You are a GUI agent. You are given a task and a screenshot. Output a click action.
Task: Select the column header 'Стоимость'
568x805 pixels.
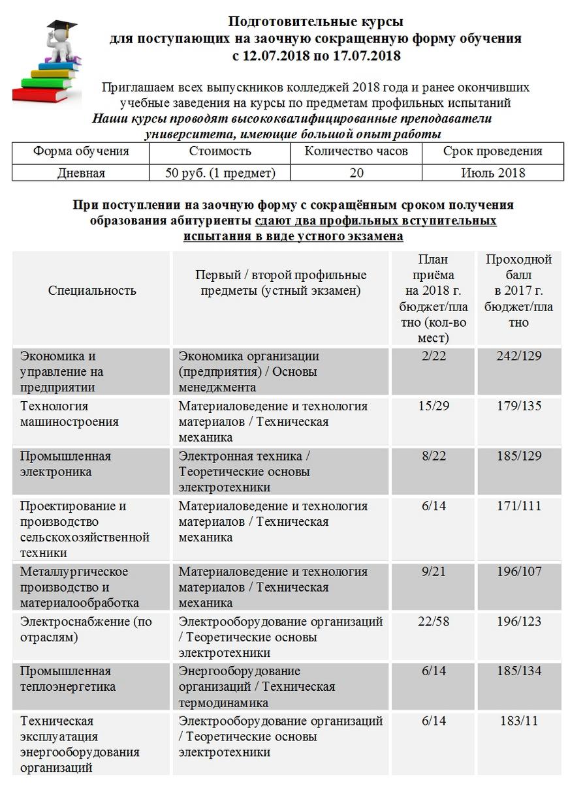click(220, 151)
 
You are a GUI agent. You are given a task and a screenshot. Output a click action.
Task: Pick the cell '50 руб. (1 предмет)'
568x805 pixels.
click(220, 173)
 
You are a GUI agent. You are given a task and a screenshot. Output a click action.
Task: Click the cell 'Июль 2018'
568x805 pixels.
click(492, 173)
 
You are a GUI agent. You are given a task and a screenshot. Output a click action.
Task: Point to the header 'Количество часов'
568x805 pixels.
click(356, 151)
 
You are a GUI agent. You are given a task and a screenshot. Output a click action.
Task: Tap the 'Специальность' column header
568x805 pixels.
click(92, 290)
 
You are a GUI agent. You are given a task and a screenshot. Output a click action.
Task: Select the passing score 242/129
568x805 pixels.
click(519, 356)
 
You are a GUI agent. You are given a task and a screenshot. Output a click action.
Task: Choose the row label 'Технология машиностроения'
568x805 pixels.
click(70, 414)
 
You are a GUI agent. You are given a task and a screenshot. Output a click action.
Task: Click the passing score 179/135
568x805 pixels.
click(519, 406)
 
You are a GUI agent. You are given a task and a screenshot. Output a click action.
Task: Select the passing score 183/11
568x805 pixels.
click(519, 721)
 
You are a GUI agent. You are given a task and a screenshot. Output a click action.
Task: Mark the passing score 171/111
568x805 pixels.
click(519, 506)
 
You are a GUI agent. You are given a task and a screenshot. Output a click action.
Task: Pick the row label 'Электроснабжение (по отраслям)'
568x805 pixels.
click(86, 629)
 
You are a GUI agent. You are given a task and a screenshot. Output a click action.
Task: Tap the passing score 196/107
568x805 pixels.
click(519, 571)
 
